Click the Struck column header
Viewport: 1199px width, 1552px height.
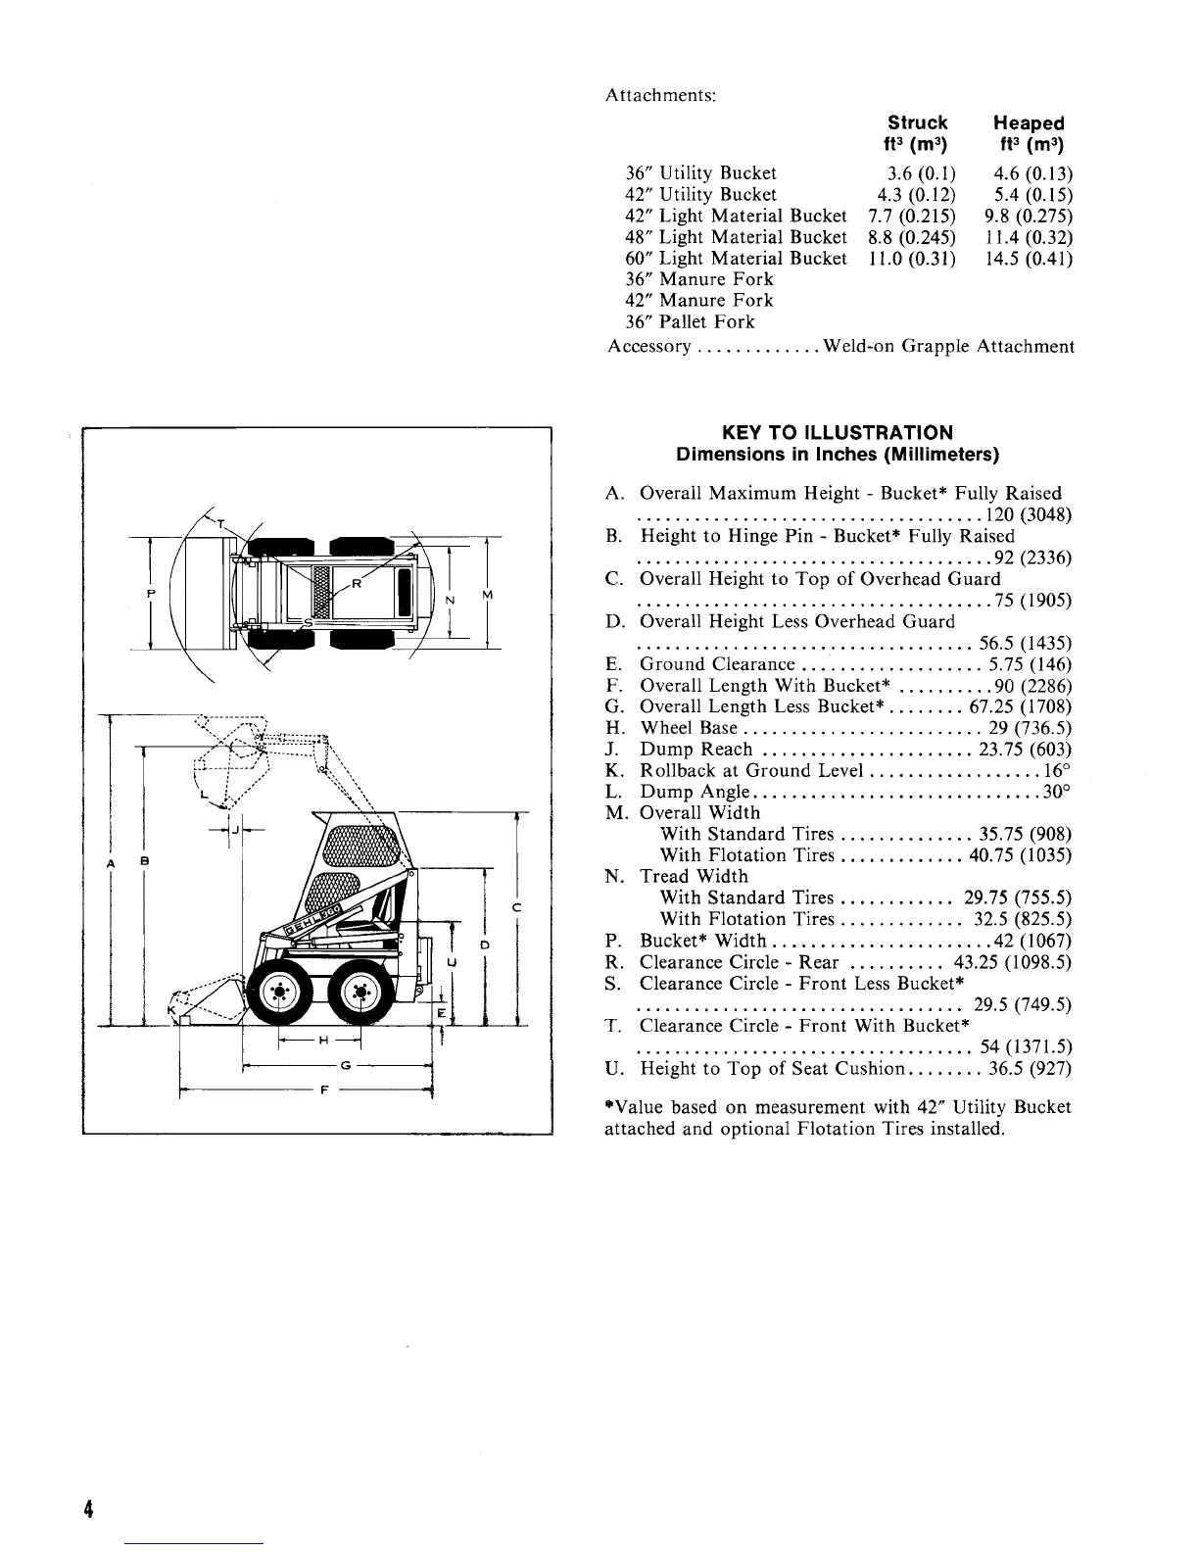[917, 123]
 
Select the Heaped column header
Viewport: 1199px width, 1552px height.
[1028, 123]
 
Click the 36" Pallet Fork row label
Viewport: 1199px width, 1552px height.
[691, 322]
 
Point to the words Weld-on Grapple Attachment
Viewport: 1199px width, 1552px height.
[949, 347]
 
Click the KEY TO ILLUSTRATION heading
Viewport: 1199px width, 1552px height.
[837, 433]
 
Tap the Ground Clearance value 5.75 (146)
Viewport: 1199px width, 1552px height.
[1031, 664]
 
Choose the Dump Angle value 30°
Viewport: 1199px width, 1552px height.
[1059, 792]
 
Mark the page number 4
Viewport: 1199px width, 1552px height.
[88, 1509]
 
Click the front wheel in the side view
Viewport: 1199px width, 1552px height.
[280, 992]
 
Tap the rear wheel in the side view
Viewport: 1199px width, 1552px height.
[361, 992]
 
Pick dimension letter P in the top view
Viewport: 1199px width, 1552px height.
[150, 594]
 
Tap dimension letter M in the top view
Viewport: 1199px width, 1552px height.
[487, 596]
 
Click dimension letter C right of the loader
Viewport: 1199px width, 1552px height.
[515, 907]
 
